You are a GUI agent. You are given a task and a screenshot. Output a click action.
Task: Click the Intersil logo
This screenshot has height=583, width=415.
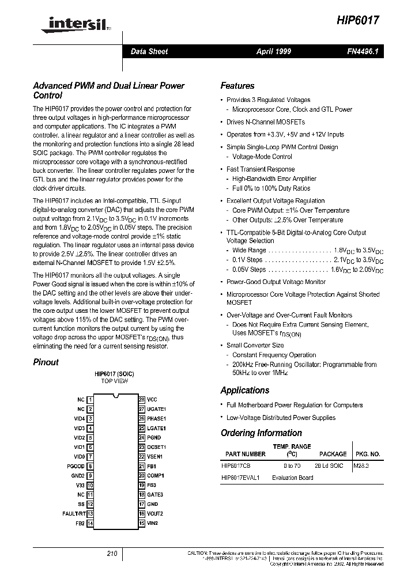[63, 25]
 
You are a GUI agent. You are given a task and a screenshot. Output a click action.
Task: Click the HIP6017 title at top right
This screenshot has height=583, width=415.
[357, 20]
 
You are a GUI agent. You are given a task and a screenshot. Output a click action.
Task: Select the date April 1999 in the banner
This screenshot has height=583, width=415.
[273, 52]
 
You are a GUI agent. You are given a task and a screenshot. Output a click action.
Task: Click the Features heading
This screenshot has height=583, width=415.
[237, 86]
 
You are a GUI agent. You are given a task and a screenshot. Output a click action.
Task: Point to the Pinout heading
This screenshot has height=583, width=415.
[46, 362]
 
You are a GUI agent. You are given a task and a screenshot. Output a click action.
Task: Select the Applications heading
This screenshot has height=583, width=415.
[245, 390]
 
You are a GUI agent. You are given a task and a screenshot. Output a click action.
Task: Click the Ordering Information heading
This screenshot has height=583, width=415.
[261, 433]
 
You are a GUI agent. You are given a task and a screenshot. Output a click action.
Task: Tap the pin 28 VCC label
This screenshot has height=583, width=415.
[152, 399]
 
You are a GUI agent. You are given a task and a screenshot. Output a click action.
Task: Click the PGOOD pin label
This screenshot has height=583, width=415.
[76, 466]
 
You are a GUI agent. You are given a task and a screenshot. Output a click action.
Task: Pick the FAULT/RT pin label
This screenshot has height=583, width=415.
[74, 513]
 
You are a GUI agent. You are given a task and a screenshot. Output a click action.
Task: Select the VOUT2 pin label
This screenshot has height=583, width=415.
[155, 513]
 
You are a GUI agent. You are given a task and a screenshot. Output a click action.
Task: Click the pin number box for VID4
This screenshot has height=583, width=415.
[90, 418]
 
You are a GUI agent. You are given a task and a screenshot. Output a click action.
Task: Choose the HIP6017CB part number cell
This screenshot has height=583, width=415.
[236, 465]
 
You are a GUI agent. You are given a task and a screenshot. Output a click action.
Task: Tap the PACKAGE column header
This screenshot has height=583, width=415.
[333, 454]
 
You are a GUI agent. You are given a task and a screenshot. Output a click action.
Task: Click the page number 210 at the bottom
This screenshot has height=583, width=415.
[112, 554]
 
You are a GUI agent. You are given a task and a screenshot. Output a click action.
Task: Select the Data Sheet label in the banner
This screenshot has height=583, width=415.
[149, 52]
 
